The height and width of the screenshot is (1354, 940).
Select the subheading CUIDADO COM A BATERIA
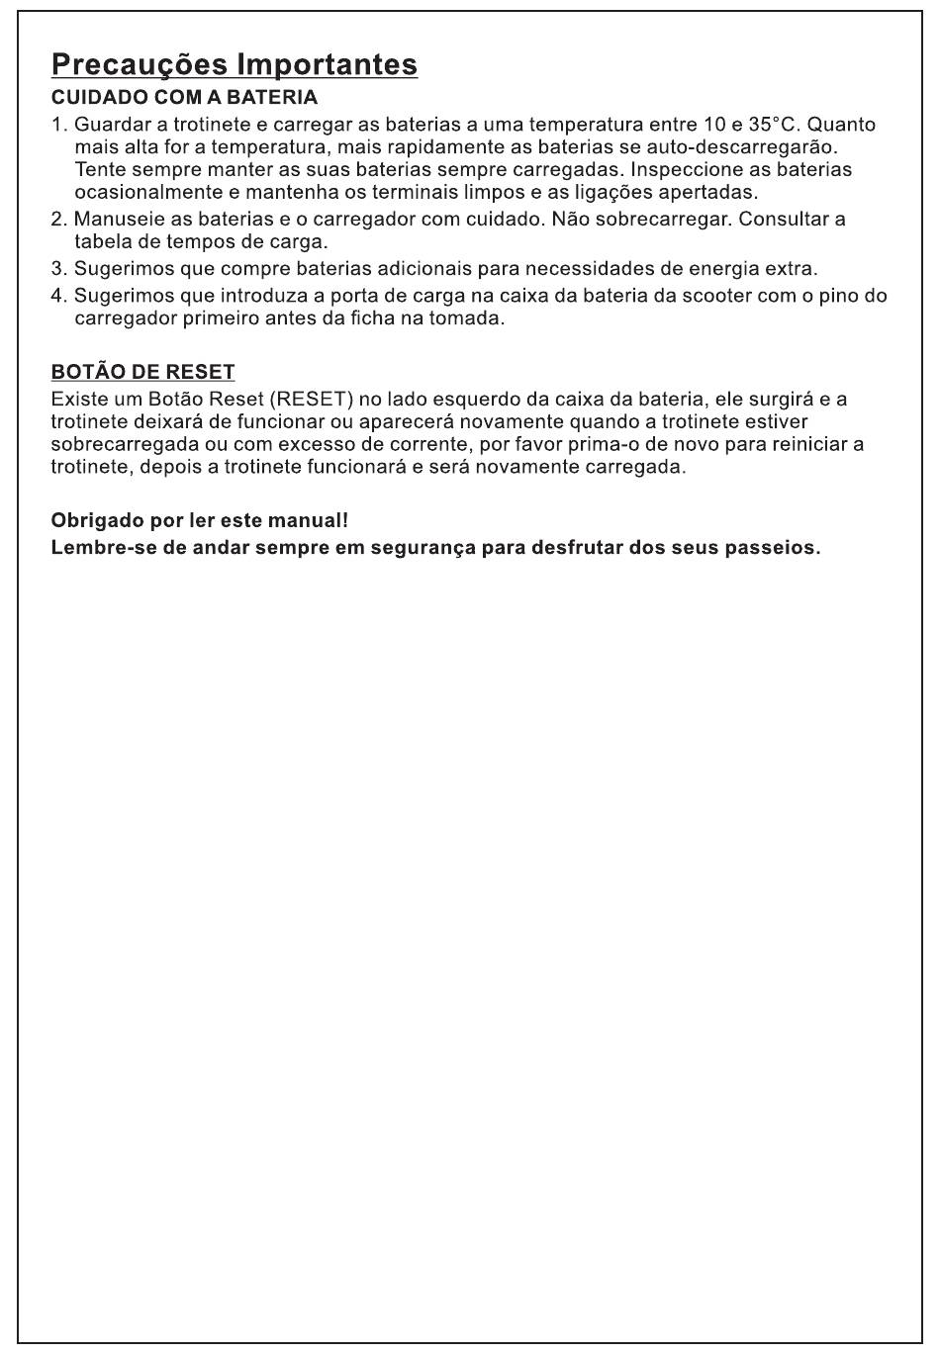pos(184,98)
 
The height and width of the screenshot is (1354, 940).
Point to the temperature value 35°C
pos(773,125)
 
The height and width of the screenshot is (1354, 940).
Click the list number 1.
pos(57,125)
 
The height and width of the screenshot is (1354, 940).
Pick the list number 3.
pos(57,268)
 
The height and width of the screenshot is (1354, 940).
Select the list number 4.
pos(57,296)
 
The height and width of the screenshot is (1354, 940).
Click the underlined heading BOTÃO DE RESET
pos(142,372)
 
